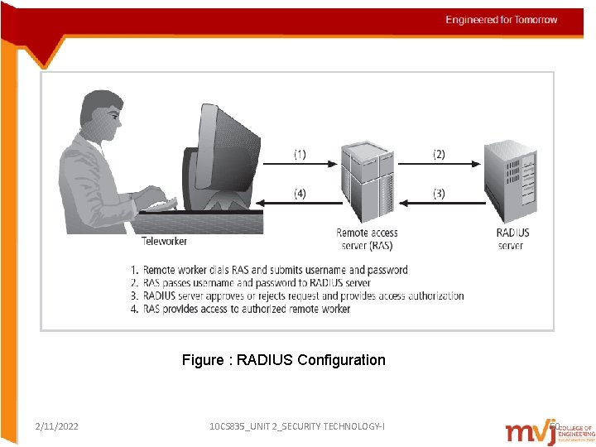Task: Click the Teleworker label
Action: (164, 242)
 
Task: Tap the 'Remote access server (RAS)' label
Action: (368, 239)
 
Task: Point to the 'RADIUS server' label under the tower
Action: (512, 239)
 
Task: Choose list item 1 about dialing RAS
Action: (269, 270)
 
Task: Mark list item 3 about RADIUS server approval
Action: (297, 296)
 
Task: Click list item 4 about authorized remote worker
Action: (240, 309)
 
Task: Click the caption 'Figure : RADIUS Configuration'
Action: (284, 360)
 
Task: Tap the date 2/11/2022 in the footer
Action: (57, 426)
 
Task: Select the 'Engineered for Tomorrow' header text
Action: (502, 20)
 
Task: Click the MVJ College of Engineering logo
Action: (549, 430)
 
